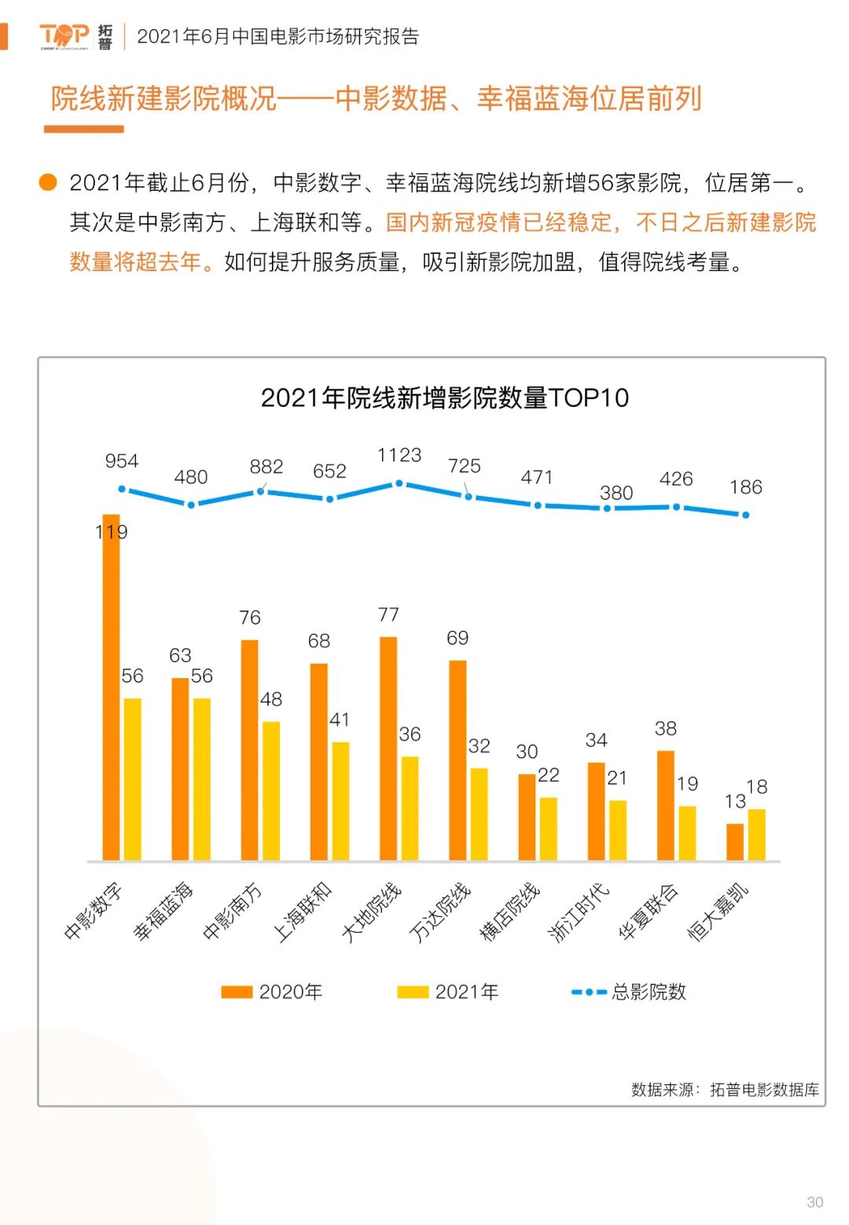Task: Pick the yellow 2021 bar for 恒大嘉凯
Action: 756,834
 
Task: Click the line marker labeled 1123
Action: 399,483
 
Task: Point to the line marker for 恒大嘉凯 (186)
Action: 745,515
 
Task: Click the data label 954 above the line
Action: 122,461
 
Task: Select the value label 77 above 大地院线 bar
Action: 388,614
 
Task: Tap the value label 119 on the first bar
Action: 111,532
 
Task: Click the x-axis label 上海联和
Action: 303,911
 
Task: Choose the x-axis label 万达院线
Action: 440,911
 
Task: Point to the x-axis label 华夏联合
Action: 649,911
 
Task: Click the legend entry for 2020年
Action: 272,992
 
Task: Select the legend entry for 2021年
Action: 448,992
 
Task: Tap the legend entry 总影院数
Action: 629,992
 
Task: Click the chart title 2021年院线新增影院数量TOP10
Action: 445,398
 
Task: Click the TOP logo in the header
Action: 64,35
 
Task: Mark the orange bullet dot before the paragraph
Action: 49,182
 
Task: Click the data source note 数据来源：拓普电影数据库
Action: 725,1089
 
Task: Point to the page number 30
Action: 815,1202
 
